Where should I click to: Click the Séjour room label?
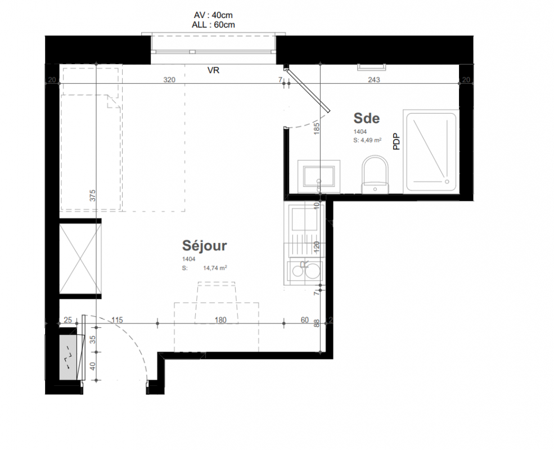204,245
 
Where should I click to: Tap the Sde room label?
366,118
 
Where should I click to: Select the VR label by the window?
213,70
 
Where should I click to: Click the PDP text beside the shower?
397,141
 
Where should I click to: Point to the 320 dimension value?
169,80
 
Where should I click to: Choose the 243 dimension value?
374,80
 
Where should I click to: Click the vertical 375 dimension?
93,196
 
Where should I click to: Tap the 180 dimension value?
220,320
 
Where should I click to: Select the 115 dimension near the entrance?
117,320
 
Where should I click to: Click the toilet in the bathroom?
375,174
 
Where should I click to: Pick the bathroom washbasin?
319,177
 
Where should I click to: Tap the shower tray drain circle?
447,182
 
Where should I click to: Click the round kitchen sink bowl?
312,271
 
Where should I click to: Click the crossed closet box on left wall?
80,259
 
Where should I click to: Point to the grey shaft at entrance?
68,357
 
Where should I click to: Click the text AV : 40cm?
213,15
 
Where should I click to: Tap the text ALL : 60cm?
213,25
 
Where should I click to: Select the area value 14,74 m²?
215,268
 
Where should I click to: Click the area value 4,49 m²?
371,140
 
